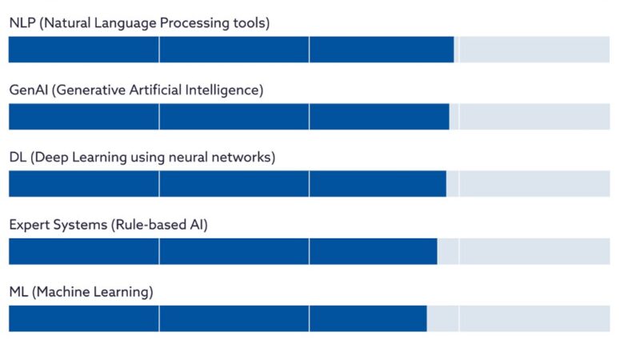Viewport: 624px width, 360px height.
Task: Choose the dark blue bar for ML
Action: pos(217,318)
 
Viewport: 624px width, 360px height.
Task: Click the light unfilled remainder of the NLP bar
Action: pos(532,50)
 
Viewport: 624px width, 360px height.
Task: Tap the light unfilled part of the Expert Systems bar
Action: pos(523,251)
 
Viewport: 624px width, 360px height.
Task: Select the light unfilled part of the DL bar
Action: pos(528,184)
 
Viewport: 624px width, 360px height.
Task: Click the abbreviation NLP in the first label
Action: pos(22,23)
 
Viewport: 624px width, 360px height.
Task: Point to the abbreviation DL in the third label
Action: pos(18,158)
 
